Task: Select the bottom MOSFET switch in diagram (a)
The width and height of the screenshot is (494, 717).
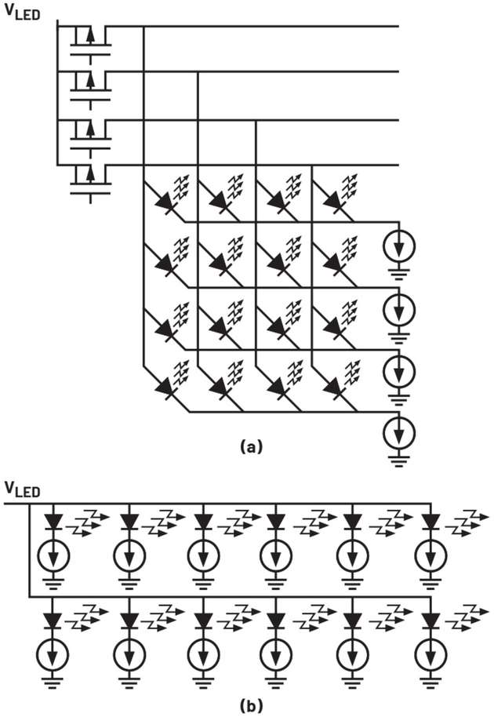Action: (90, 180)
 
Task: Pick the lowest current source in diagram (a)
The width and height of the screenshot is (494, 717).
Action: (399, 433)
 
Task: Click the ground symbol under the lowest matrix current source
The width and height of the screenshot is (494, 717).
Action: (399, 460)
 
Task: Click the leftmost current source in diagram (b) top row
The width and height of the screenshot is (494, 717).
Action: (54, 555)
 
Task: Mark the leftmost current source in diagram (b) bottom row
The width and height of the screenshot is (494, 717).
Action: (54, 653)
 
